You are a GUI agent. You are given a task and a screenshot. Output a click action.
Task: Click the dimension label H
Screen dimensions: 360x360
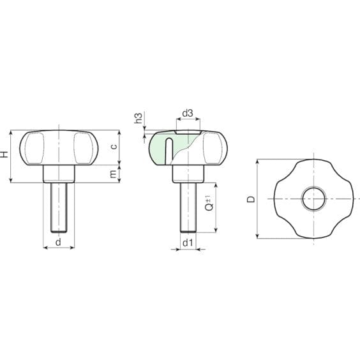6,156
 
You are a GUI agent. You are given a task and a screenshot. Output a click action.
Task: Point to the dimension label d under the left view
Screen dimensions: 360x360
59,242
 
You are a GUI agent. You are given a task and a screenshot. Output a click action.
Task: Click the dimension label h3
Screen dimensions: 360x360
137,119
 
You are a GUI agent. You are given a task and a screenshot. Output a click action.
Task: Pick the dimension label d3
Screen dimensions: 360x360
187,114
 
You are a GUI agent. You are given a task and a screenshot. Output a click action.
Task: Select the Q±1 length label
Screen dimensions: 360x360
208,206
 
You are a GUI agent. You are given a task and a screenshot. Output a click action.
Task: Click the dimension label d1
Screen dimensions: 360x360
187,243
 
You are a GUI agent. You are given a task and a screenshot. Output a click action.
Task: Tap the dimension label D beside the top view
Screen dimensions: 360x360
251,199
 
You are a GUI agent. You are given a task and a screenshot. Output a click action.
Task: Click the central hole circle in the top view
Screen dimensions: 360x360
313,199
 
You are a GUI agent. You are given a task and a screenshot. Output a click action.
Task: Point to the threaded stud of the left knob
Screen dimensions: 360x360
59,207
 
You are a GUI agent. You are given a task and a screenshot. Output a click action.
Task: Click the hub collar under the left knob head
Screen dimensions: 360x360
59,173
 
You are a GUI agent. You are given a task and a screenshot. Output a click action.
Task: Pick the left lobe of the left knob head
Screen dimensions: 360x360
34,147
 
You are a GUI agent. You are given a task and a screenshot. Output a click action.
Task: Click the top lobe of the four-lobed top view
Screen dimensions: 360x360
313,168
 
